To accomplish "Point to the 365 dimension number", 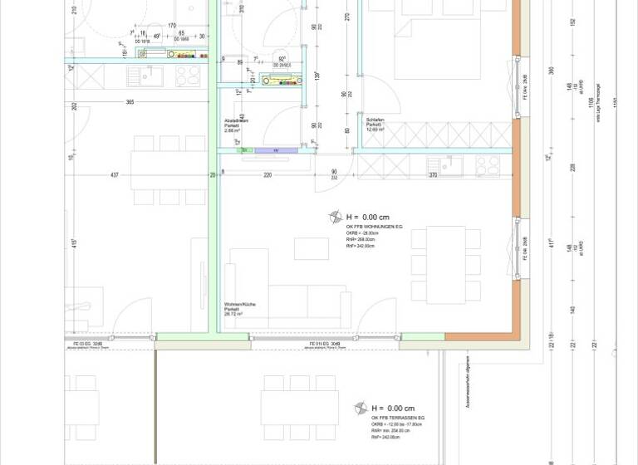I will point(130,101).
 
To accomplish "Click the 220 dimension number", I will point(267,175).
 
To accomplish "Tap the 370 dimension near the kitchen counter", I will point(433,175).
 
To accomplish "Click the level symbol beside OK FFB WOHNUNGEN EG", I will point(335,217).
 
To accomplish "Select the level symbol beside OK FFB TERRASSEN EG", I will point(361,409).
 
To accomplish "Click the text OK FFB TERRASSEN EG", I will point(398,418).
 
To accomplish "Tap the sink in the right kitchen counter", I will point(451,166).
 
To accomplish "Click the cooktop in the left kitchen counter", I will point(188,76).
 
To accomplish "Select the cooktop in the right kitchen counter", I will point(488,166).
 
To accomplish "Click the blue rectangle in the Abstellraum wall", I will point(276,150).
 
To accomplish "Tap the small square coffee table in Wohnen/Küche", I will point(312,248).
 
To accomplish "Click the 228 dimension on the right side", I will point(572,166).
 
